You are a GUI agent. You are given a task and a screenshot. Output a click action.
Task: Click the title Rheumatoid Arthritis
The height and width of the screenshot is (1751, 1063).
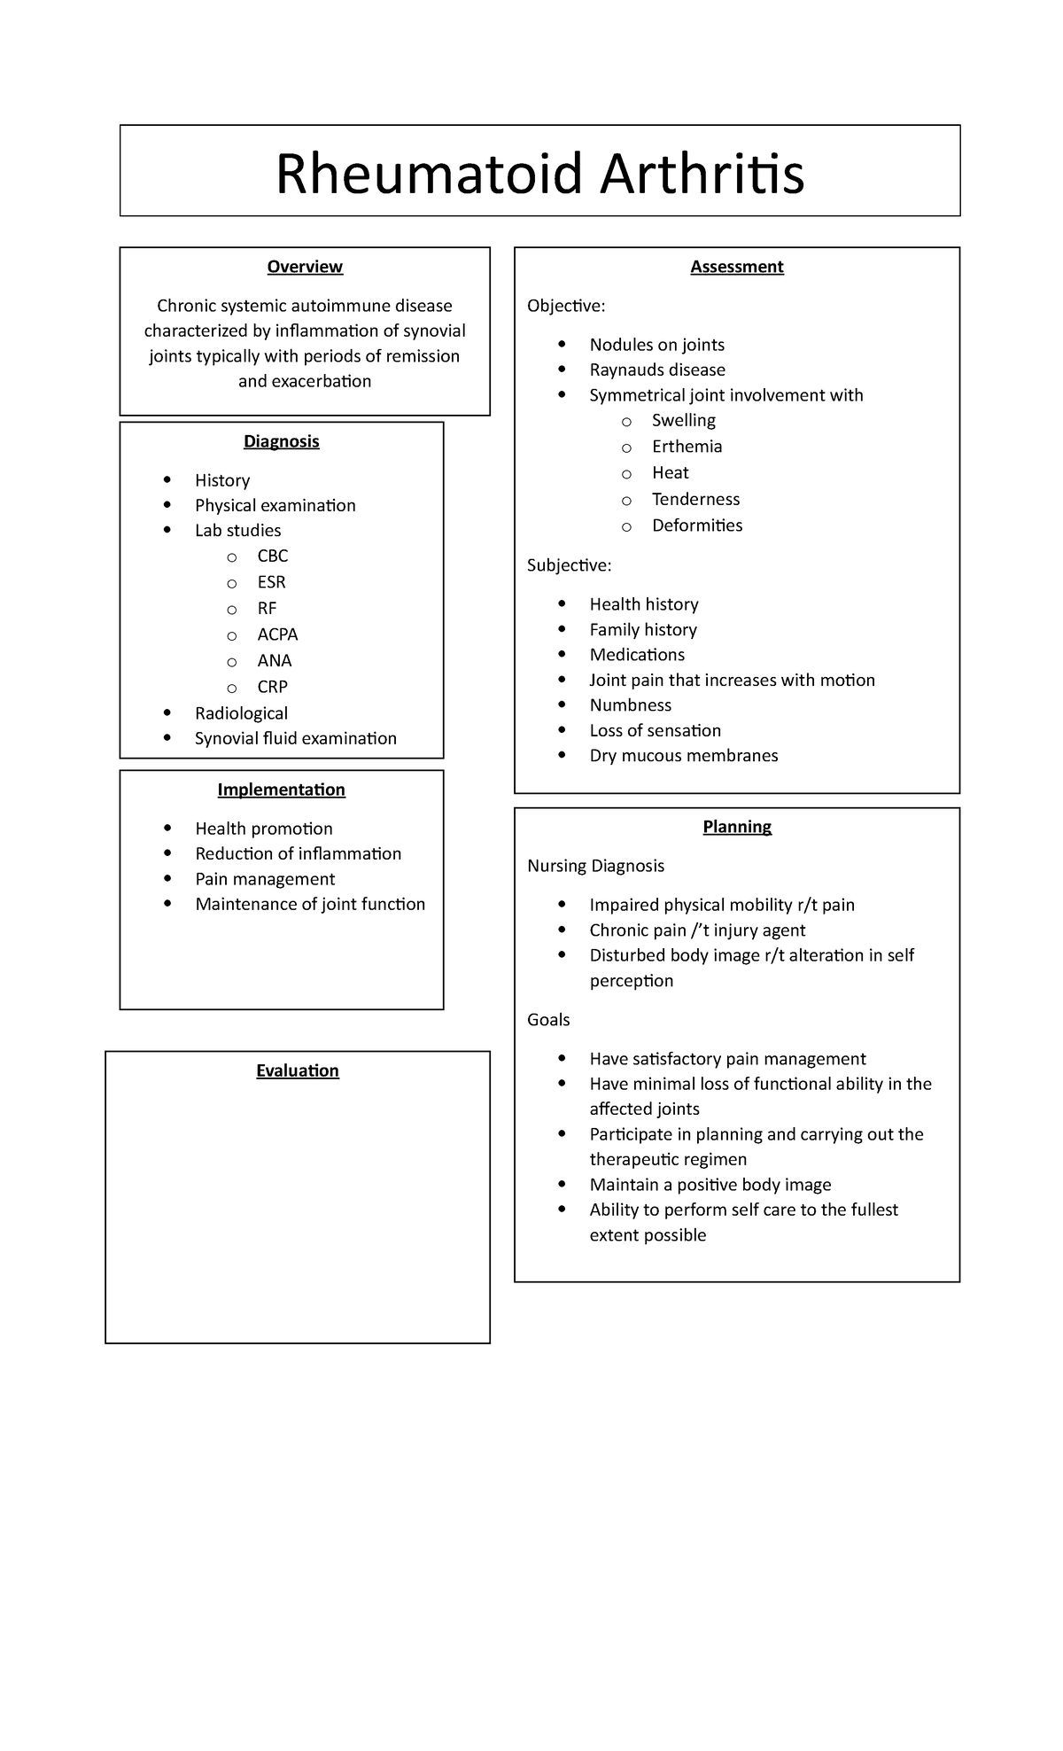[539, 174]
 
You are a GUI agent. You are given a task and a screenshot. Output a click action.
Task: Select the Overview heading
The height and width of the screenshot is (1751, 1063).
[305, 267]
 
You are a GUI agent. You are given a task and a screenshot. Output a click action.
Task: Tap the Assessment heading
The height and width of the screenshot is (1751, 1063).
[737, 267]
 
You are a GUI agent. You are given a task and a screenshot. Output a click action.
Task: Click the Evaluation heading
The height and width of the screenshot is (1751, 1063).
[298, 1070]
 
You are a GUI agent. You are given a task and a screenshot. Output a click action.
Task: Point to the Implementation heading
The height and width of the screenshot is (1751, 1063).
[281, 790]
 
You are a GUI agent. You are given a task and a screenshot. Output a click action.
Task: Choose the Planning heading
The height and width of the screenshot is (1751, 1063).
[737, 827]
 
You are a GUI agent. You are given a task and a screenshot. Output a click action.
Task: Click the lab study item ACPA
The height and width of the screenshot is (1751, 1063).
[277, 634]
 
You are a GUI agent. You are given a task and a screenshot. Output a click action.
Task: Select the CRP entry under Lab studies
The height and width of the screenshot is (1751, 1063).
[272, 687]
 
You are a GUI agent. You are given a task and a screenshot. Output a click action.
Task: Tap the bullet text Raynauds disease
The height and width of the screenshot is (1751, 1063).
[657, 370]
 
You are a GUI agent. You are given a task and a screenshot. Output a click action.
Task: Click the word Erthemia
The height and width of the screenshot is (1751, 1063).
[687, 447]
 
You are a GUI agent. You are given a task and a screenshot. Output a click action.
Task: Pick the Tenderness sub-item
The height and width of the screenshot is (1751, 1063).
[695, 499]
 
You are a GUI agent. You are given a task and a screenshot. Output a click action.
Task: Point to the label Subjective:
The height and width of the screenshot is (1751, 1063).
[569, 565]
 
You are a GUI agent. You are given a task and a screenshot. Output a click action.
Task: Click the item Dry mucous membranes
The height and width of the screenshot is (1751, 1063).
[683, 756]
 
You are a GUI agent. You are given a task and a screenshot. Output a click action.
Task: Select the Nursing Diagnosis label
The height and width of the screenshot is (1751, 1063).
[595, 866]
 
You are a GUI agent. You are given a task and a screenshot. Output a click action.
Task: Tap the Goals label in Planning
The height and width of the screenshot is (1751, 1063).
[548, 1020]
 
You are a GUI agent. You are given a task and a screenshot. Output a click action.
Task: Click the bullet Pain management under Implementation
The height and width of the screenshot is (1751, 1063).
[265, 879]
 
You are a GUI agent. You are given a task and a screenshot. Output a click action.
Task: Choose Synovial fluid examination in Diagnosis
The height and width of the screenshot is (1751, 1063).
[295, 738]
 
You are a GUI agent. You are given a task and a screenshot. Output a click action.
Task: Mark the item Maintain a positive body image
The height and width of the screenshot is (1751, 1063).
[710, 1185]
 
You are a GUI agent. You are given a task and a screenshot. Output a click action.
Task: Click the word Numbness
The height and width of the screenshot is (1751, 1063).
[630, 705]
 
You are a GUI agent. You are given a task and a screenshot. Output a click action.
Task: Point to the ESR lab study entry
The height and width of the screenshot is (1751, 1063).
[271, 582]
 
